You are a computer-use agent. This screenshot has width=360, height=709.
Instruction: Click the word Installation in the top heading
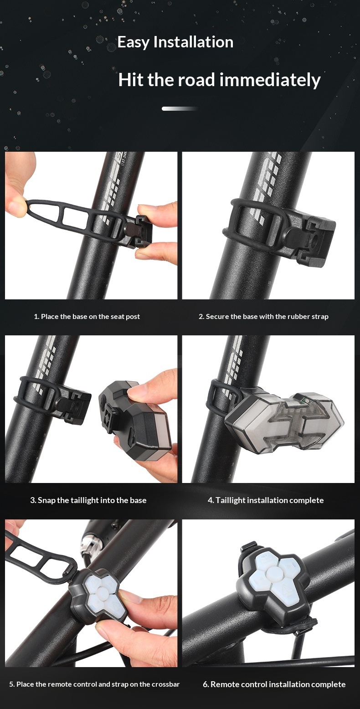pos(193,42)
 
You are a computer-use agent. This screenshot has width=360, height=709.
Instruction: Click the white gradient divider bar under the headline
pos(180,108)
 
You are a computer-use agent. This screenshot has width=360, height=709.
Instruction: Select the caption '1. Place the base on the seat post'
pos(87,317)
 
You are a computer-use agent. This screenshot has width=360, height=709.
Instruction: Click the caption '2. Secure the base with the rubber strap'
pos(263,317)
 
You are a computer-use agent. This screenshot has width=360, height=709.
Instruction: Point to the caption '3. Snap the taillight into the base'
pos(88,500)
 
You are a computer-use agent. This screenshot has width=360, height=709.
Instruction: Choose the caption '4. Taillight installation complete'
pos(266,500)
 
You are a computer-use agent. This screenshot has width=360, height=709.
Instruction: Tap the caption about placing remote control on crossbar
pos(94,684)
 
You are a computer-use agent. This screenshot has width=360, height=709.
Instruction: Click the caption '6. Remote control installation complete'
pos(274,684)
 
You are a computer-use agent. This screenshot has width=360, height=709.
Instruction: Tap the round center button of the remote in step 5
pos(102,591)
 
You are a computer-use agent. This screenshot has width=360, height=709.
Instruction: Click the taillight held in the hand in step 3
pos(135,416)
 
